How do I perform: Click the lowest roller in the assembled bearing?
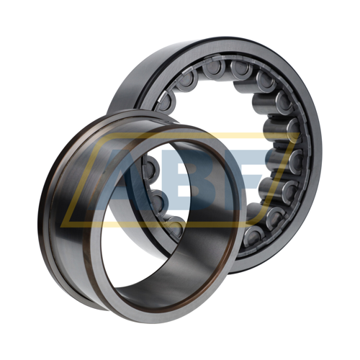click(x=254, y=236)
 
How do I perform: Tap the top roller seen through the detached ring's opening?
click(x=150, y=168)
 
